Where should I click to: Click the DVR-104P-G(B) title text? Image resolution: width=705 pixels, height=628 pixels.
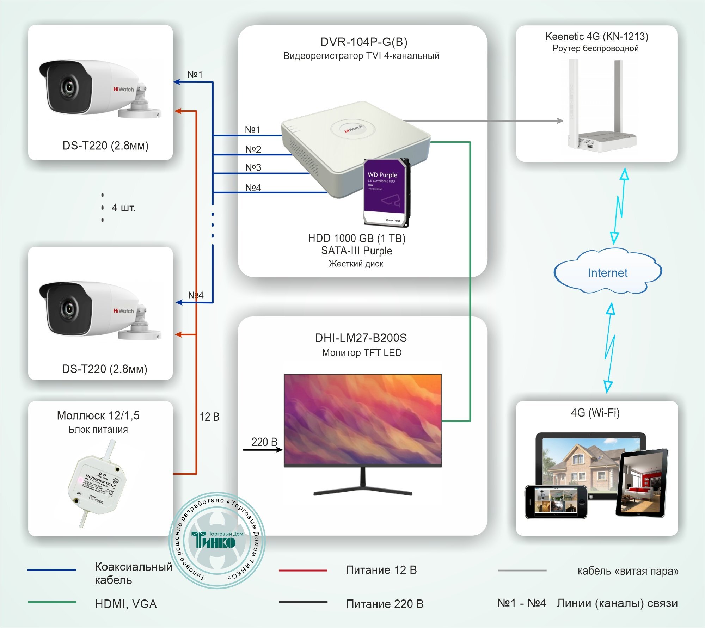pyautogui.click(x=364, y=42)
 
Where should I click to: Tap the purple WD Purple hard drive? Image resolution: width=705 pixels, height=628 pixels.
pyautogui.click(x=386, y=192)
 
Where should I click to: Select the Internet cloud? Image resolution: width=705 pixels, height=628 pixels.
pyautogui.click(x=607, y=272)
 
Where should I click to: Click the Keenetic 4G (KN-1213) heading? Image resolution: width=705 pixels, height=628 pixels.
pyautogui.click(x=596, y=36)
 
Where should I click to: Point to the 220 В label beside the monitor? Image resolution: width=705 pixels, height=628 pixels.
pyautogui.click(x=264, y=442)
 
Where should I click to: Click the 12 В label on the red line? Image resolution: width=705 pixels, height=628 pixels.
pyautogui.click(x=209, y=417)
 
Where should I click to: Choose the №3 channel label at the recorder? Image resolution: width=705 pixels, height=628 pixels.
pyautogui.click(x=253, y=167)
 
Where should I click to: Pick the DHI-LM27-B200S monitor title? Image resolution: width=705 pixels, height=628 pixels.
pyautogui.click(x=361, y=338)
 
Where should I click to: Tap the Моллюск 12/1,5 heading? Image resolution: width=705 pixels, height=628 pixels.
pyautogui.click(x=98, y=415)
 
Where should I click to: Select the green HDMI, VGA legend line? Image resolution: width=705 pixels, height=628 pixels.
pyautogui.click(x=52, y=602)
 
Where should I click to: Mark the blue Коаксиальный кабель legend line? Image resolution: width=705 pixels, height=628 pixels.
pyautogui.click(x=51, y=570)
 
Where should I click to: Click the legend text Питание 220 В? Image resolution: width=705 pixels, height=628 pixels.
pyautogui.click(x=384, y=604)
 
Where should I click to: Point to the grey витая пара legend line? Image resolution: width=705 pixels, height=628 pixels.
pyautogui.click(x=522, y=570)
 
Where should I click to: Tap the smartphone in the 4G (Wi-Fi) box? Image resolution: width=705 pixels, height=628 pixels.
pyautogui.click(x=556, y=502)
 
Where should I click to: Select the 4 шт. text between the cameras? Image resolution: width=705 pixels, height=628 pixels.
pyautogui.click(x=123, y=208)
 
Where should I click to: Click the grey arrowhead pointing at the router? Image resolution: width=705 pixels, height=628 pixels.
pyautogui.click(x=560, y=121)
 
